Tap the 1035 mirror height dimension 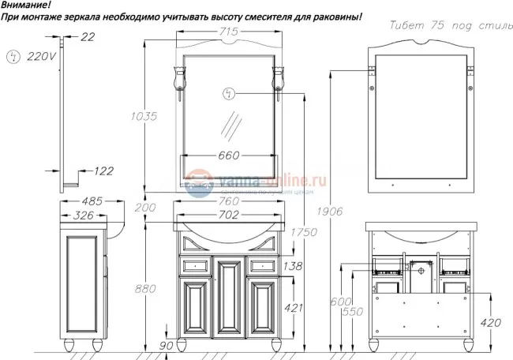click(x=144, y=116)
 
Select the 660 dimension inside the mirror click(x=228, y=155)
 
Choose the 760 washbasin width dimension click(x=228, y=199)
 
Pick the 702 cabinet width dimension click(x=228, y=213)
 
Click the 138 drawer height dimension click(x=293, y=267)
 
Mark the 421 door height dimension click(x=293, y=308)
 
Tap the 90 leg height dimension click(x=166, y=345)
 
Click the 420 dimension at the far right click(x=489, y=321)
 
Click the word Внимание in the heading click(x=24, y=6)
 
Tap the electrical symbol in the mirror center click(x=230, y=94)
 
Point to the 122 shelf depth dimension click(x=103, y=171)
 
